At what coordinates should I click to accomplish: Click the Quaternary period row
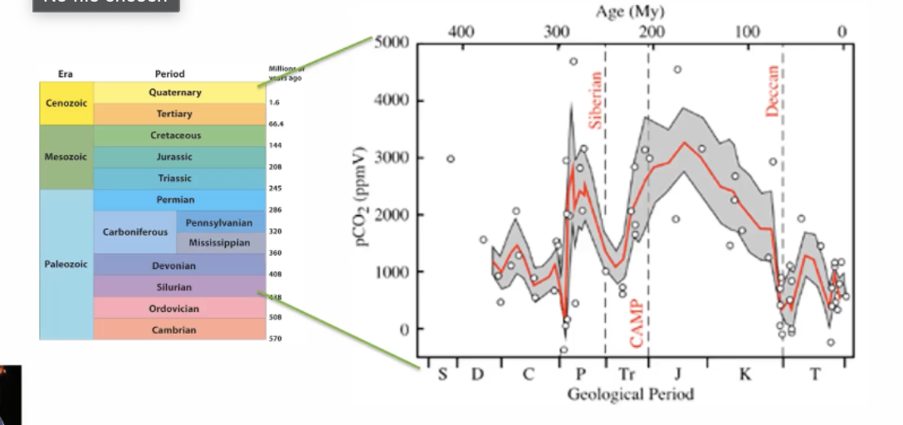(x=180, y=93)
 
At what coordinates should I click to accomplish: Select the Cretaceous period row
(x=180, y=135)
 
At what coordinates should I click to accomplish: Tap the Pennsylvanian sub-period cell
(x=219, y=222)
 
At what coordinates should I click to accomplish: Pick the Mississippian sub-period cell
(x=219, y=243)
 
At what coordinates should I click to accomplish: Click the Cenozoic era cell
(x=66, y=104)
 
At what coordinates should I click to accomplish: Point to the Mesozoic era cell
(x=66, y=157)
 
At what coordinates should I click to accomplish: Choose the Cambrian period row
(x=180, y=330)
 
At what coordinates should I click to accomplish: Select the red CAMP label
(x=637, y=323)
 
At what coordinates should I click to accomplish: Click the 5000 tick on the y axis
(x=389, y=43)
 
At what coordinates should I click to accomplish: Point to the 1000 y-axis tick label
(x=389, y=272)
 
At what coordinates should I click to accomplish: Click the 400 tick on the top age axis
(x=461, y=32)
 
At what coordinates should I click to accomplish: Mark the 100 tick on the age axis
(x=748, y=32)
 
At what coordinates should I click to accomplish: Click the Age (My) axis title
(x=630, y=12)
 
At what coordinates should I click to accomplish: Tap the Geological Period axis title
(x=630, y=393)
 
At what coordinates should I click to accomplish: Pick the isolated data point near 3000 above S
(x=451, y=159)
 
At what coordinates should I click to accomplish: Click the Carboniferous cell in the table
(x=135, y=232)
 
